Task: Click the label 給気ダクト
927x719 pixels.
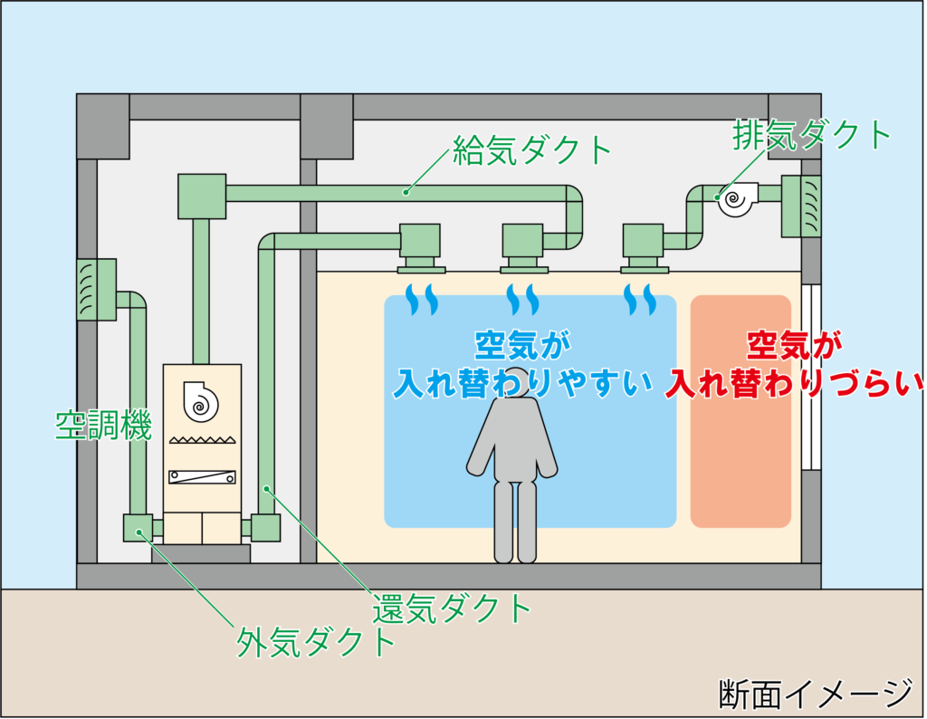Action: [x=533, y=149]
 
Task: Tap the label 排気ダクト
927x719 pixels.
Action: [x=812, y=136]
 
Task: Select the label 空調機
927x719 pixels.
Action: [x=103, y=425]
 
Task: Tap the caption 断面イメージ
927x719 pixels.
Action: [x=815, y=694]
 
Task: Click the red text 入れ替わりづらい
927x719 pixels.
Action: [x=796, y=384]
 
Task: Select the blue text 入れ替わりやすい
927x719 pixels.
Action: [x=523, y=384]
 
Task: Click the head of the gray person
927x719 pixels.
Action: [x=516, y=381]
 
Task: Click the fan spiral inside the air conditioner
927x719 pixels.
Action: [x=201, y=400]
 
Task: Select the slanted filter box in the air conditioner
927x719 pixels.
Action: [x=202, y=476]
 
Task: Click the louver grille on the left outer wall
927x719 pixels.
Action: [x=96, y=290]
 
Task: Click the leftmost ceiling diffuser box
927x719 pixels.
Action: [x=420, y=246]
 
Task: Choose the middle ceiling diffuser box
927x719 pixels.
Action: [x=523, y=246]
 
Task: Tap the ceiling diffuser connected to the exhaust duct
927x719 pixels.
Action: [x=644, y=246]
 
